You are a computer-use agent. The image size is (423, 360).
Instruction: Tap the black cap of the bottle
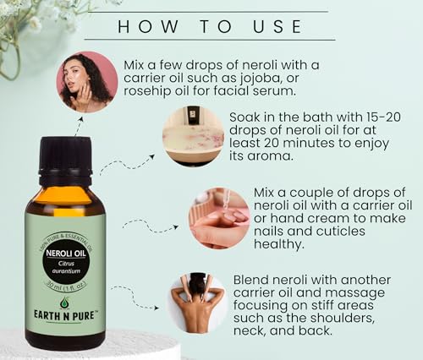tap(64, 154)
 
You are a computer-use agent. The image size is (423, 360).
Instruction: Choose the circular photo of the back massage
tap(196, 302)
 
